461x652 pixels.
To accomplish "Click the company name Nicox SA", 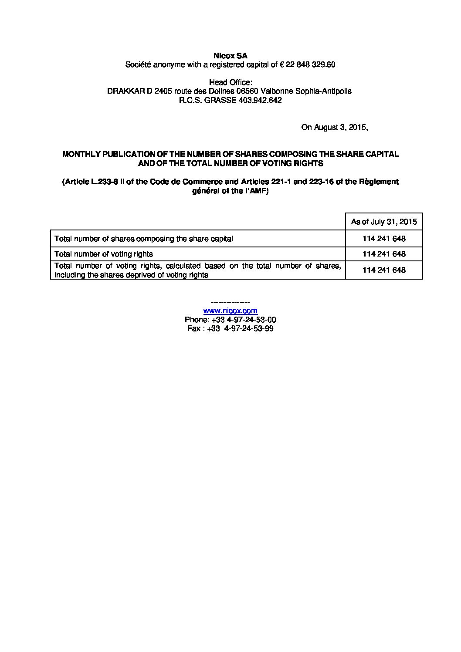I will click(230, 56).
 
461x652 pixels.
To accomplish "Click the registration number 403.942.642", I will click(260, 100).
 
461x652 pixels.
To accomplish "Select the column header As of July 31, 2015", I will click(384, 222).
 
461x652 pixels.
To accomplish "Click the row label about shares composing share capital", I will click(144, 239).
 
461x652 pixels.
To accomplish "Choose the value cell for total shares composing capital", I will click(384, 239).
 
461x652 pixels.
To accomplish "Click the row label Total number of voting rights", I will click(104, 254).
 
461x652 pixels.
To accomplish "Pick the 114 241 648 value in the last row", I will click(384, 270).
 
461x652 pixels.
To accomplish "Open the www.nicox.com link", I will click(230, 311).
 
